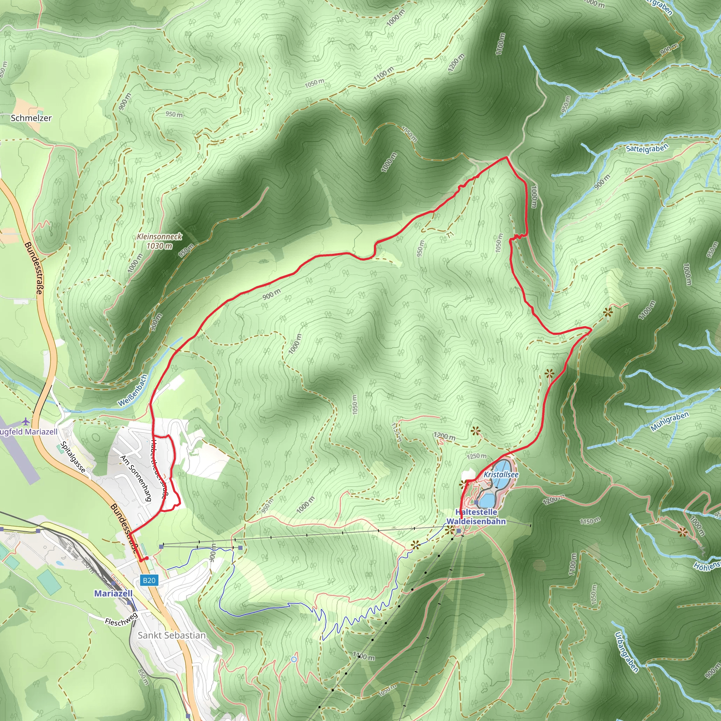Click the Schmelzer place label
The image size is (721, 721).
[31, 118]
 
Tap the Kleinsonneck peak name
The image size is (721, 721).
[159, 237]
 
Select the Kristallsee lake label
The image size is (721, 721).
[501, 474]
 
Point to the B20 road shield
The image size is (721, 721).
[149, 580]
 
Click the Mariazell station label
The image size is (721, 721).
[113, 593]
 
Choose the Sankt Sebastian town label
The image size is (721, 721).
[172, 635]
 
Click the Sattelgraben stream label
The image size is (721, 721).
[647, 148]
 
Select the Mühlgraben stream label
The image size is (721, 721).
[670, 422]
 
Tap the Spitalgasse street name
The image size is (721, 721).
[73, 458]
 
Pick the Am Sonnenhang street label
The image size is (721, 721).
[136, 478]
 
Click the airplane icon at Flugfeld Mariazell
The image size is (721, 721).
[25, 421]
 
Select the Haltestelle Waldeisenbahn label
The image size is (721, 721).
[476, 516]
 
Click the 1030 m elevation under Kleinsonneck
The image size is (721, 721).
[159, 246]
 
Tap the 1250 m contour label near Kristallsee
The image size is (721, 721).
[477, 456]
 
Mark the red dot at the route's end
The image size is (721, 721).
[147, 558]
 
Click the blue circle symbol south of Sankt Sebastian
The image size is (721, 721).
[294, 659]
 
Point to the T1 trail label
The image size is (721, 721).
[450, 235]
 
